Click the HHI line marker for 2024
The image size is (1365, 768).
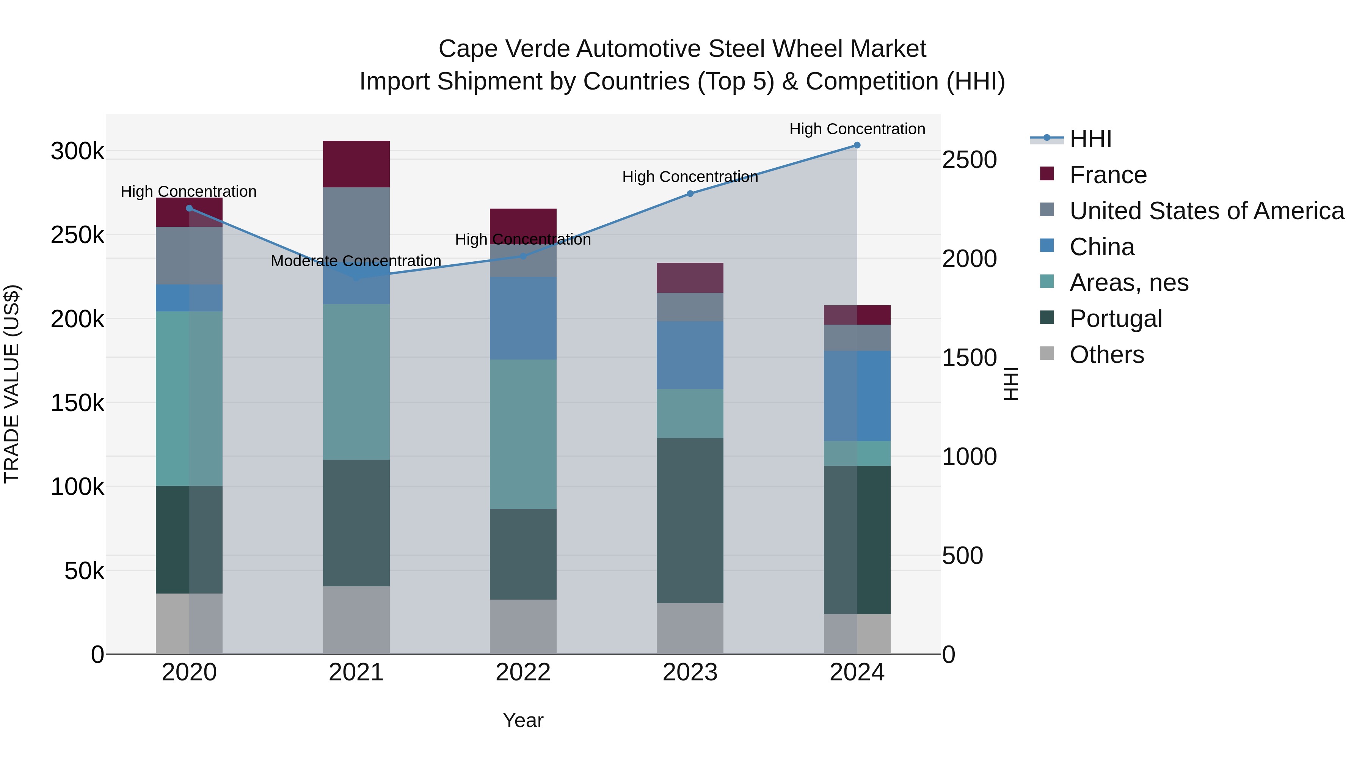pos(857,145)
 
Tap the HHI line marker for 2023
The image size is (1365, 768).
pos(690,194)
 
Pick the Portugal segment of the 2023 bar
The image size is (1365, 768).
pos(690,520)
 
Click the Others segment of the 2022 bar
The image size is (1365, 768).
pos(523,627)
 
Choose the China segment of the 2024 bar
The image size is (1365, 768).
pos(857,396)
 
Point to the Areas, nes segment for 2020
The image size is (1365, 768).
pos(189,399)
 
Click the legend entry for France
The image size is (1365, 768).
pos(1108,175)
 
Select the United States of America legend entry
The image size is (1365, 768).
pos(1207,211)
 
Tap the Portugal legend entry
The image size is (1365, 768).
pos(1116,319)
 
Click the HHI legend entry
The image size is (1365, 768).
pos(1090,139)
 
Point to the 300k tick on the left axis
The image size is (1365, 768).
pos(77,152)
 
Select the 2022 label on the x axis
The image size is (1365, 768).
pos(523,672)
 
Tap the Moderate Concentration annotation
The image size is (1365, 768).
pos(356,261)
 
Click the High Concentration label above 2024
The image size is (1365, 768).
pos(857,129)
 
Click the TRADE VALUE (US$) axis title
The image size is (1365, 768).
pos(12,384)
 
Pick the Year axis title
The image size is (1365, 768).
pos(523,720)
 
